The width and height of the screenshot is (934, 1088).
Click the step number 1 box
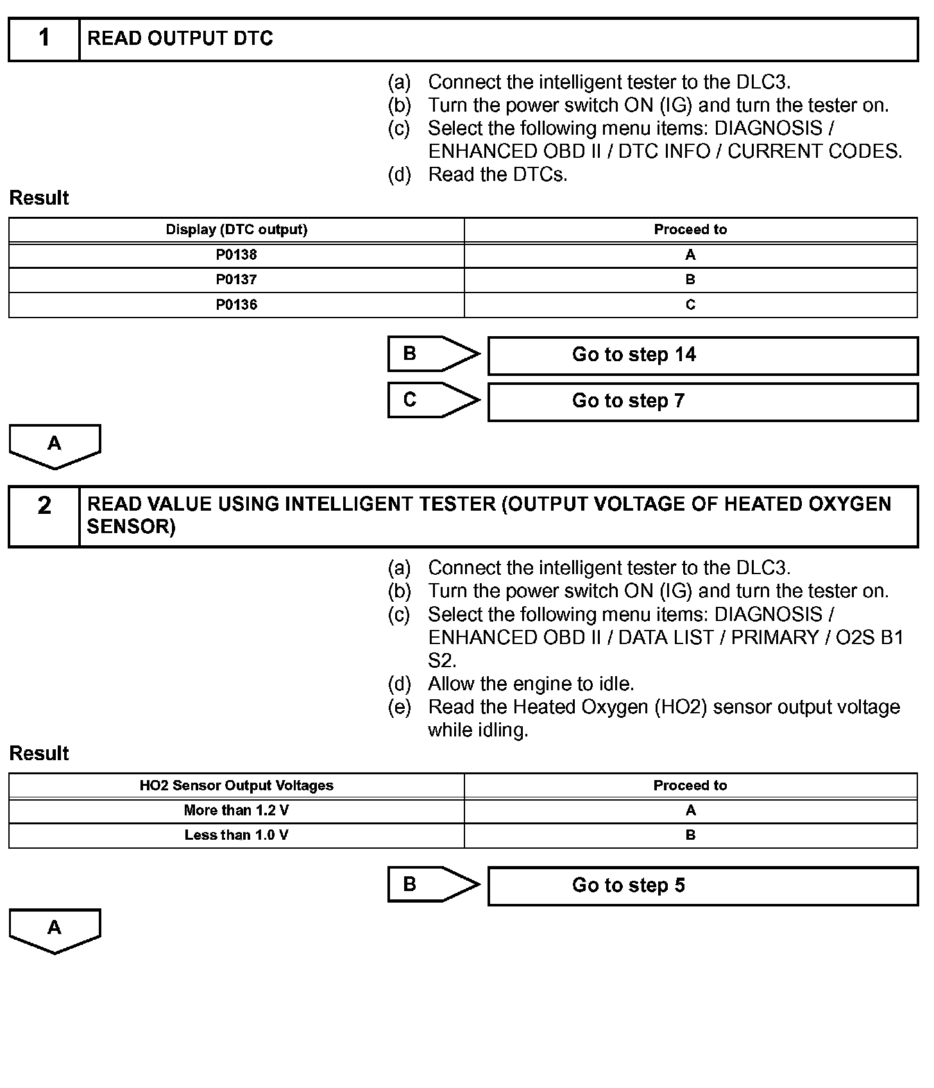(x=44, y=39)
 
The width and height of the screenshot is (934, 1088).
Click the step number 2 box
(x=44, y=516)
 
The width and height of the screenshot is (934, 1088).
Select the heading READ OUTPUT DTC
(x=180, y=39)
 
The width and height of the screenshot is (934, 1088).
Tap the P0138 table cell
(x=236, y=255)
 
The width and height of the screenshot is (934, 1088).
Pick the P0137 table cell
(x=236, y=280)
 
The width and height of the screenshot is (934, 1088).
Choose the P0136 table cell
(x=236, y=305)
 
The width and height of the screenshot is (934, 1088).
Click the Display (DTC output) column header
(x=236, y=230)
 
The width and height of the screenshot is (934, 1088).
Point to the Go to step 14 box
(x=702, y=355)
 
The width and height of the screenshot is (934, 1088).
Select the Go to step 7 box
(x=702, y=402)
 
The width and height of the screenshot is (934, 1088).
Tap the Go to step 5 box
(x=702, y=886)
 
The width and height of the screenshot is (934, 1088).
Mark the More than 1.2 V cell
(x=236, y=811)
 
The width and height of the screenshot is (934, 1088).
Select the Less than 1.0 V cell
(x=236, y=835)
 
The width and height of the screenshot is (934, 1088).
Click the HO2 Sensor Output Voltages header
(x=236, y=786)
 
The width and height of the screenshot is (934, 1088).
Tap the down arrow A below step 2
(x=55, y=930)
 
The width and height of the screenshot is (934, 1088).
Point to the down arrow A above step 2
(x=55, y=446)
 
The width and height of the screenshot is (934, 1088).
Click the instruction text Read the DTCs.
(x=497, y=174)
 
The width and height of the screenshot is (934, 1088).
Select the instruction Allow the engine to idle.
(x=531, y=684)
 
